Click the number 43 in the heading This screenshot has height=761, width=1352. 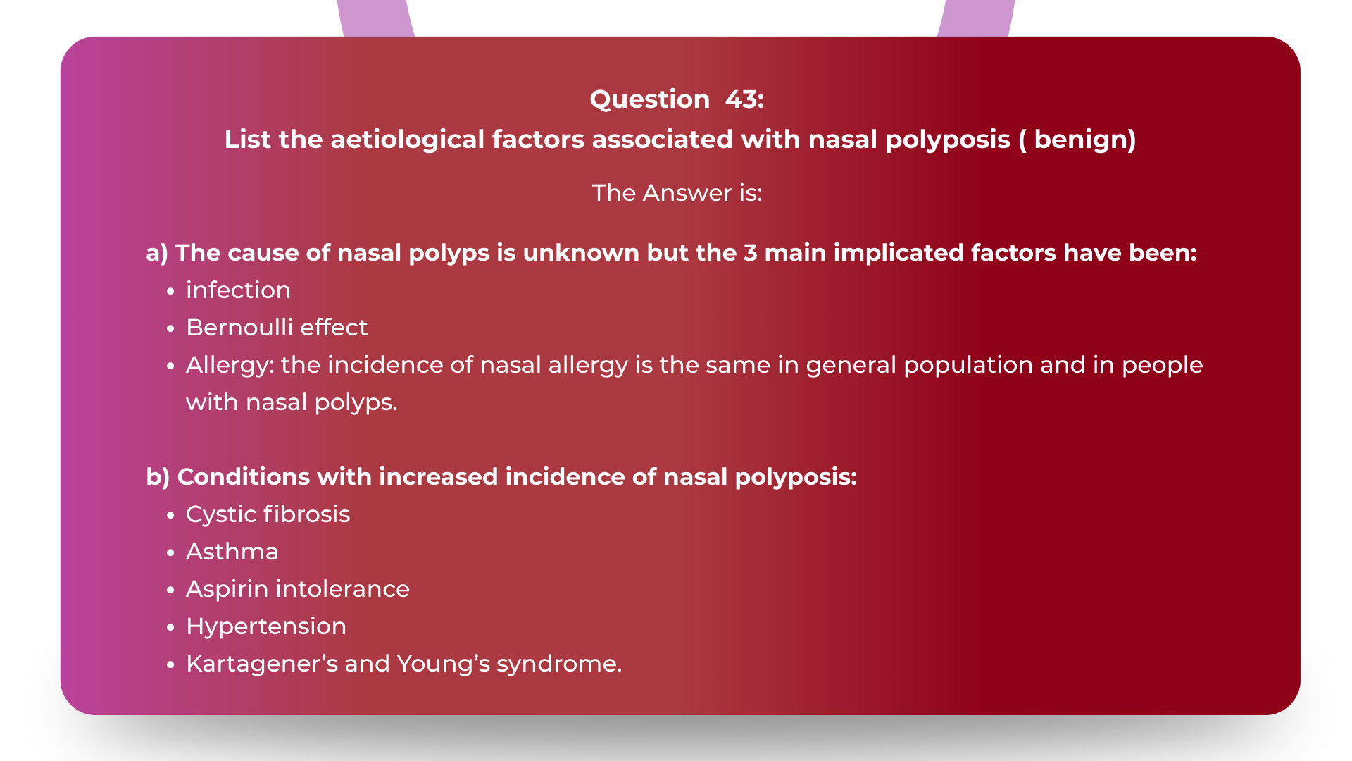(744, 99)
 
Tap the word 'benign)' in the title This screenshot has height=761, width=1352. (1084, 140)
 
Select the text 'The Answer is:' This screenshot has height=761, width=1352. (677, 192)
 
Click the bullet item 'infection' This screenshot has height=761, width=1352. (238, 290)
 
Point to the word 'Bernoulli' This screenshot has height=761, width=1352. (239, 328)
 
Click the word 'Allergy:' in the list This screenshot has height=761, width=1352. (230, 365)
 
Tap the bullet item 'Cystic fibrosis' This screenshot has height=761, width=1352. (268, 514)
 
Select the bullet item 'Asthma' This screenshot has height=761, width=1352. (232, 552)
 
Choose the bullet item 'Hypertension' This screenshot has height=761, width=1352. (265, 626)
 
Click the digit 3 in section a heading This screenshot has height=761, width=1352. (750, 253)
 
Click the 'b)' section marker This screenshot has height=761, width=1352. (158, 477)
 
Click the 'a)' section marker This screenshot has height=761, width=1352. (157, 253)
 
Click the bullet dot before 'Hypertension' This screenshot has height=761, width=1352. (170, 627)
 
